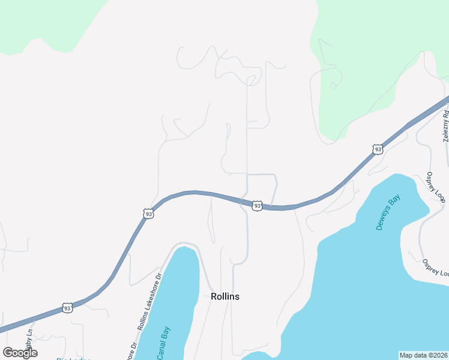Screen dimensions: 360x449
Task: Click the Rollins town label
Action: pos(225,296)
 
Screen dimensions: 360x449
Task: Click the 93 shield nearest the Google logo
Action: pos(67,308)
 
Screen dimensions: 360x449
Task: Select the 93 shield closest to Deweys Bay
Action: pos(377,149)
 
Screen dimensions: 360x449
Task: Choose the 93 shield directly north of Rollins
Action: pos(257,206)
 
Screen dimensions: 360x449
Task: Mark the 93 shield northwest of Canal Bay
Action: pos(148,214)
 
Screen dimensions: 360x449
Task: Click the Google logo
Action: pos(20,353)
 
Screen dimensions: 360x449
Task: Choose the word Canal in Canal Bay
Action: pos(161,350)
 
